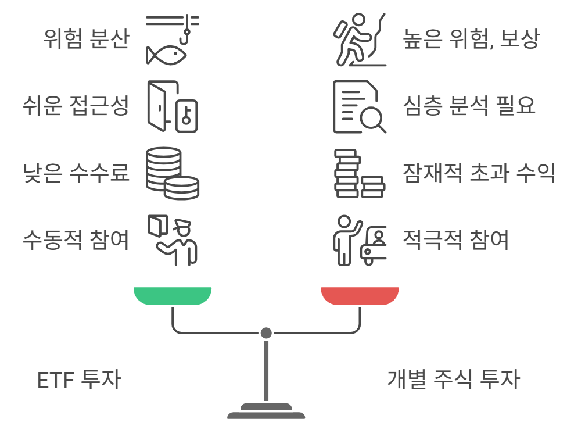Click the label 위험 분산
coord(85,40)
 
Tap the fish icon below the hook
coord(166,55)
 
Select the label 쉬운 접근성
coord(75,106)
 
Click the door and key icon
coord(173,106)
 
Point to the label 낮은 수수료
coord(75,173)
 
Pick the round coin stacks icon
coord(172,173)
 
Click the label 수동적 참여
coord(75,239)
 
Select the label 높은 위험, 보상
coord(471,40)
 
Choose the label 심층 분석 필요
coord(469,106)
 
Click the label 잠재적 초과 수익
coord(479,173)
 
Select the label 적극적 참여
coord(456,239)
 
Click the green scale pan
coord(173,295)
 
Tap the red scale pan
coord(360,295)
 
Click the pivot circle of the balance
coord(266,333)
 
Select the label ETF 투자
coord(79,380)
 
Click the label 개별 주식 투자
coord(453,380)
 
